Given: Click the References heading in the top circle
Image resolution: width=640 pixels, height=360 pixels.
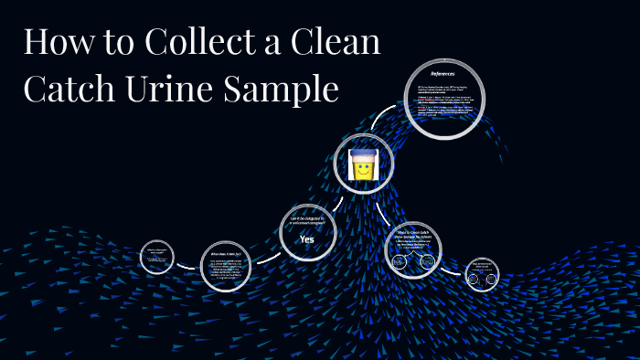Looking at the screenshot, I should pyautogui.click(x=443, y=72).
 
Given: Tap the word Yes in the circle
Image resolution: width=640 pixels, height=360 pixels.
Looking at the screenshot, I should pyautogui.click(x=307, y=239).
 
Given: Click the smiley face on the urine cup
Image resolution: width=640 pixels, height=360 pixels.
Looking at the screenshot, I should pyautogui.click(x=363, y=170).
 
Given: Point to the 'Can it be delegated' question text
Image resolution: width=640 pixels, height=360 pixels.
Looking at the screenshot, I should pyautogui.click(x=307, y=219).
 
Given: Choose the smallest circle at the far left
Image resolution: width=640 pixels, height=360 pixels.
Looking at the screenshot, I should pyautogui.click(x=156, y=258).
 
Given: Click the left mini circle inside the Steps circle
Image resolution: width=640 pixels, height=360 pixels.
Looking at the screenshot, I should pyautogui.click(x=400, y=262).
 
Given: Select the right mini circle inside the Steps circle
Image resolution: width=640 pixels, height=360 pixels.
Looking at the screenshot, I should pyautogui.click(x=428, y=262).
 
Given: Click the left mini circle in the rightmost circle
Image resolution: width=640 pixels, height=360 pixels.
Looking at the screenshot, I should pyautogui.click(x=473, y=279).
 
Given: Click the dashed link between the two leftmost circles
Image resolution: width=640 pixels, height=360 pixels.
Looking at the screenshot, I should pyautogui.click(x=187, y=266).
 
